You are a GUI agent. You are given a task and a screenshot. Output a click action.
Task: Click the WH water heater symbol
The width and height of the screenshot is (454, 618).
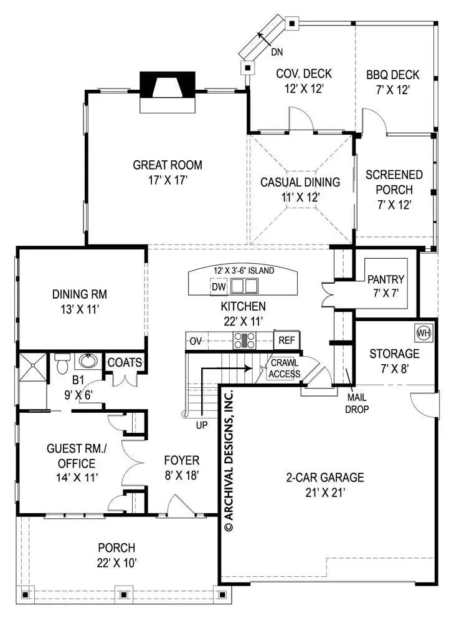click(423, 332)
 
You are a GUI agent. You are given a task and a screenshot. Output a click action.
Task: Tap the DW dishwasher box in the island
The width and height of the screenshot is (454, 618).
click(217, 287)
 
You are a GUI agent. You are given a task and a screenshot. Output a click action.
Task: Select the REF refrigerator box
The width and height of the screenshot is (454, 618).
click(286, 340)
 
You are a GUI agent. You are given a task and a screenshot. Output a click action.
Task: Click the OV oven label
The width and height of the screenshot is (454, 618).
click(195, 341)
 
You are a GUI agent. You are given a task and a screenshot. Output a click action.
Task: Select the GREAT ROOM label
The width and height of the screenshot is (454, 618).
click(168, 165)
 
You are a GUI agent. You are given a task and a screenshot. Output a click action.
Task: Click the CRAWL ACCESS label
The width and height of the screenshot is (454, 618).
click(284, 368)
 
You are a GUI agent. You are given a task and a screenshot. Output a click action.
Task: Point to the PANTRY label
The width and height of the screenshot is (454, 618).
click(385, 279)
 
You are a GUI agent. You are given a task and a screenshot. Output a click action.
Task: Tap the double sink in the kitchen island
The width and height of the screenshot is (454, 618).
click(244, 286)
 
